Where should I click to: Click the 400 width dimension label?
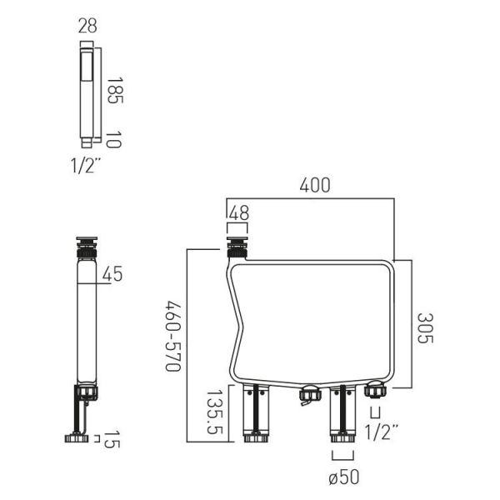click(x=315, y=185)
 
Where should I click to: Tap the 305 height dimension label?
click(x=425, y=328)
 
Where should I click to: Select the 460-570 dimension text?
click(x=173, y=336)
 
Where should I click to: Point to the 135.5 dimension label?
click(x=215, y=412)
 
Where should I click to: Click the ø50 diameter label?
click(x=343, y=477)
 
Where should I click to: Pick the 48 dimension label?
click(x=239, y=213)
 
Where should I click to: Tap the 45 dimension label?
click(x=112, y=273)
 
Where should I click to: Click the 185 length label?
click(x=115, y=90)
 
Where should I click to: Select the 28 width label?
click(x=87, y=26)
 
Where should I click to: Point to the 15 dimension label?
click(x=112, y=439)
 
